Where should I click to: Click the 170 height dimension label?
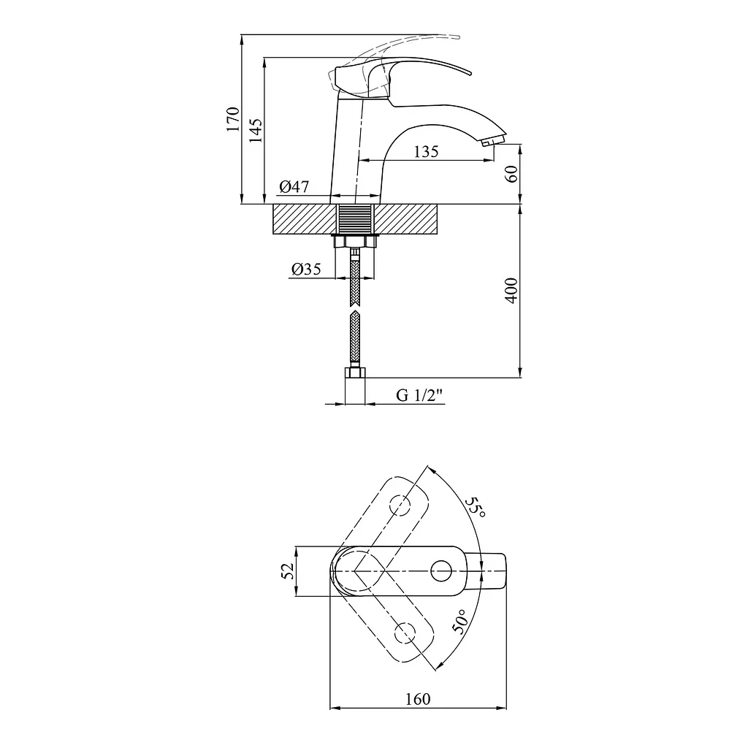(233, 119)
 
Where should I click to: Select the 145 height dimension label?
(255, 131)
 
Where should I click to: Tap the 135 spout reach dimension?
(426, 152)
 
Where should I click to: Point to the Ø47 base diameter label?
(294, 186)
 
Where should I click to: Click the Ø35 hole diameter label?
(306, 270)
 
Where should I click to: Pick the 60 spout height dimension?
(511, 174)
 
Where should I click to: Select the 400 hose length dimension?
(511, 290)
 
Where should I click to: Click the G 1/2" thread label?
(420, 395)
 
